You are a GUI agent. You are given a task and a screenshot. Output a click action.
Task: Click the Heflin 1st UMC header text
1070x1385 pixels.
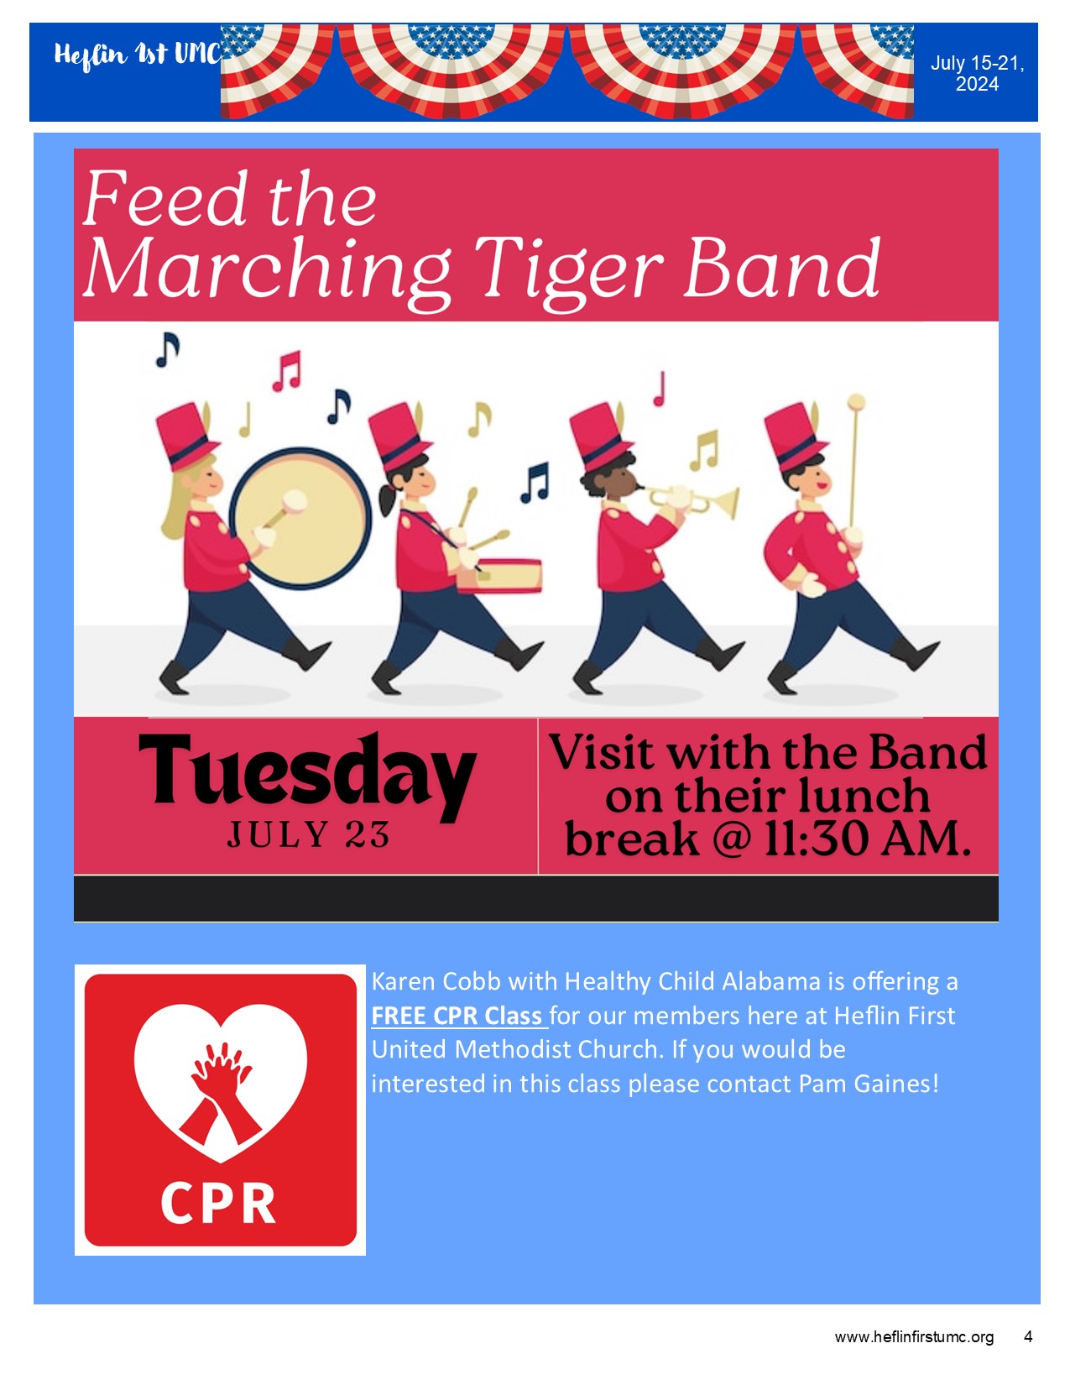(137, 55)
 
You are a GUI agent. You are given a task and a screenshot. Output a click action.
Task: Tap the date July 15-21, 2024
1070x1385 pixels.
(977, 73)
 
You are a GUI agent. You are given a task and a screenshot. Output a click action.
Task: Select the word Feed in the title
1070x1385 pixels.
(165, 198)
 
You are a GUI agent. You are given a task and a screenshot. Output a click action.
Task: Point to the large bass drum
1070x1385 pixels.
(300, 518)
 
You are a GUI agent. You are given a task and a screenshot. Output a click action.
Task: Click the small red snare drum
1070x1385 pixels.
(499, 576)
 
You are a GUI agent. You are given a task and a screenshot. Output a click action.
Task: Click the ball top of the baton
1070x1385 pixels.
(856, 402)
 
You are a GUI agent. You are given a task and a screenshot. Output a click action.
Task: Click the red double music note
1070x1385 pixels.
(287, 371)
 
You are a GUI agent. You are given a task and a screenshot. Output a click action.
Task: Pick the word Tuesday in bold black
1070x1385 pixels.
(308, 775)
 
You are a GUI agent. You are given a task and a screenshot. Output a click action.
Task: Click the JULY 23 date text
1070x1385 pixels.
(308, 834)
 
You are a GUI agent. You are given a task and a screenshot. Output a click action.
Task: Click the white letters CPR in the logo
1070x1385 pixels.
(218, 1204)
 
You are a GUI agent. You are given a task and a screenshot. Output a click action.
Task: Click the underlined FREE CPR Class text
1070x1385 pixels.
(459, 1016)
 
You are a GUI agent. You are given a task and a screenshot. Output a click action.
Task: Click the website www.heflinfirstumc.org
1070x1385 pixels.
(914, 1336)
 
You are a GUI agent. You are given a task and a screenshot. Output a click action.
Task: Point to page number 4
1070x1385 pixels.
(1028, 1336)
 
